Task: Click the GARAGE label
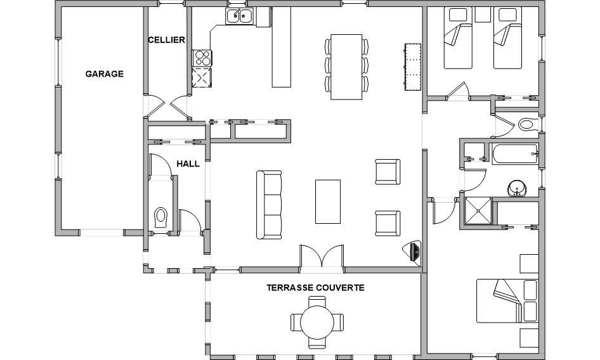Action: [x=104, y=74]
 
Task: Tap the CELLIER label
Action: [x=166, y=40]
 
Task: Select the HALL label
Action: [x=188, y=164]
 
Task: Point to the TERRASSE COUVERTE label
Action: [x=315, y=287]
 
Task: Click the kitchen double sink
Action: [x=239, y=16]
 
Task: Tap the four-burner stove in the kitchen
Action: [x=202, y=58]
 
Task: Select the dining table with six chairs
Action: [x=346, y=67]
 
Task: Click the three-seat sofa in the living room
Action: [x=269, y=205]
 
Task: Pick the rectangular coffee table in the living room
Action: [x=327, y=202]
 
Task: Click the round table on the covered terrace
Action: [x=316, y=322]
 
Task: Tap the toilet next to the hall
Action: [x=160, y=217]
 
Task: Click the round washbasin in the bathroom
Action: [x=518, y=189]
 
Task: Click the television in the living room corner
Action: [x=414, y=252]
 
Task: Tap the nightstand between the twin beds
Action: [x=483, y=15]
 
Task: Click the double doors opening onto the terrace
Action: [x=322, y=256]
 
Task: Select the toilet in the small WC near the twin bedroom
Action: [x=527, y=124]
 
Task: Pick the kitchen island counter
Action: [x=281, y=47]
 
